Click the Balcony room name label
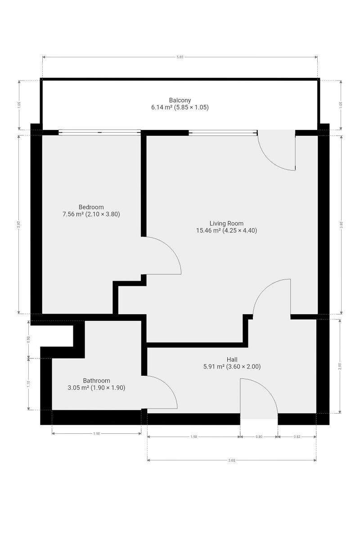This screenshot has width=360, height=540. (180, 100)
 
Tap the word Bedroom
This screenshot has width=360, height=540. (91, 207)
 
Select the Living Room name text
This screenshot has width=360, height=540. (226, 224)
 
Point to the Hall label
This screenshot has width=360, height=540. (232, 360)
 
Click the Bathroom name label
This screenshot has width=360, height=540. (96, 381)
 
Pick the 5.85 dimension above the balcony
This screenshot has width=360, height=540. (180, 57)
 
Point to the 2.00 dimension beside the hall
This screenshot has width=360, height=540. (339, 366)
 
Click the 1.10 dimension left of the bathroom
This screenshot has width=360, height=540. (28, 384)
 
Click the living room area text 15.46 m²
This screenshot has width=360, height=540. (208, 230)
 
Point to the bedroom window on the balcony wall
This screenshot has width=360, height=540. (99, 132)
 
